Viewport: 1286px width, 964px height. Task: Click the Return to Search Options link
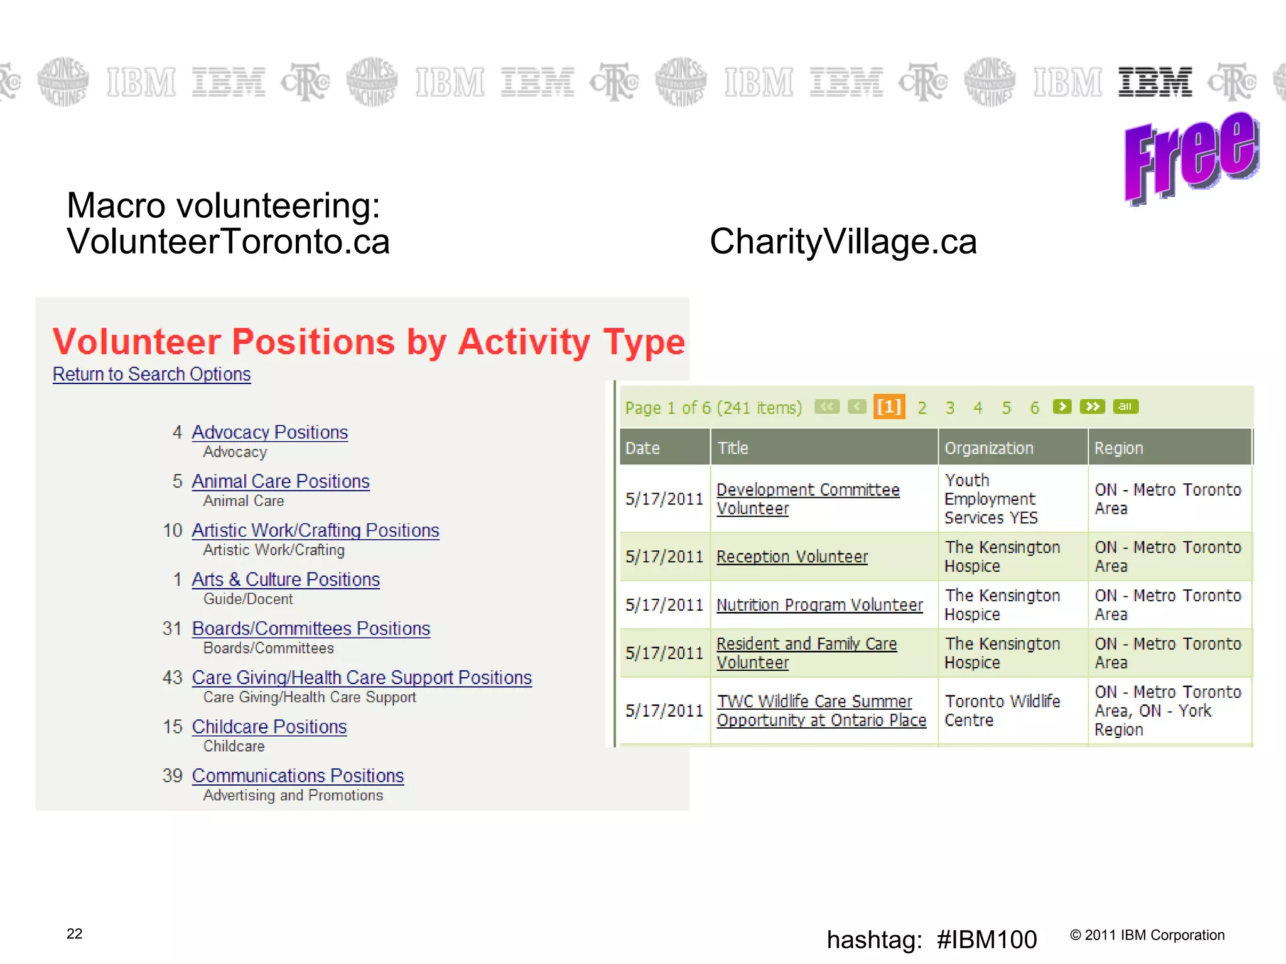[x=151, y=374]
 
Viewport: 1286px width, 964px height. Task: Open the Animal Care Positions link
[x=280, y=481]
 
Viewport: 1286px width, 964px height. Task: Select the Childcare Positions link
[x=269, y=727]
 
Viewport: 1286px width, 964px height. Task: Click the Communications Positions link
[x=298, y=776]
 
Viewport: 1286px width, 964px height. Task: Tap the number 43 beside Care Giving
[x=172, y=678]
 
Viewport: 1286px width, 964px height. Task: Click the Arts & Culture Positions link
[x=285, y=579]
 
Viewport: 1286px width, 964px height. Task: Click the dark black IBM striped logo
[x=1155, y=82]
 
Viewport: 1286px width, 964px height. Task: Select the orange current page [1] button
[x=889, y=407]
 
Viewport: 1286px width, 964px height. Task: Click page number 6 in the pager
[x=1034, y=408]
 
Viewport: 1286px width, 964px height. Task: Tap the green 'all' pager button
[x=1125, y=407]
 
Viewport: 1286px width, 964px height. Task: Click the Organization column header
[x=988, y=448]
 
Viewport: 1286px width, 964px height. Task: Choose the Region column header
[x=1118, y=448]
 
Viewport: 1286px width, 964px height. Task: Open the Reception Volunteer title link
[x=792, y=557]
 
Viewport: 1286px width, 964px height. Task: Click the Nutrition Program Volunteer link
[x=819, y=605]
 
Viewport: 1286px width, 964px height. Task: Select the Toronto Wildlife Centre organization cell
[x=1002, y=710]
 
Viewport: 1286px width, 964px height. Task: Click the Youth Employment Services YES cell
[x=990, y=499]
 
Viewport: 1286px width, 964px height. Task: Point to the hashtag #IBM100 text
[x=931, y=940]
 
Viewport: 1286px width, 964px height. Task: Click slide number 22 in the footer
[x=74, y=934]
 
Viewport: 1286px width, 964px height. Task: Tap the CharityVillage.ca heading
[x=843, y=242]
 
